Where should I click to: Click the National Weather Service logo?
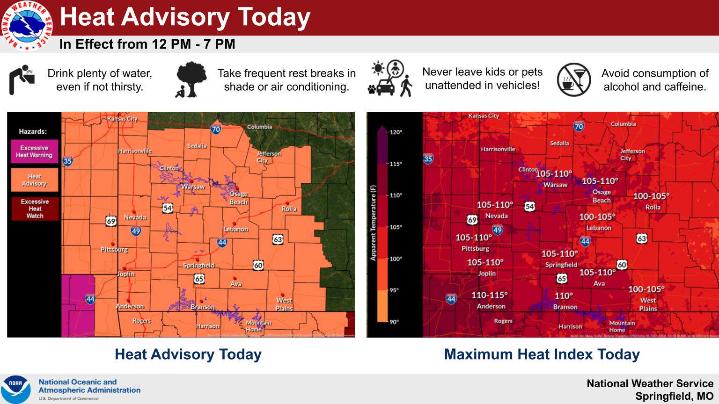[27, 25]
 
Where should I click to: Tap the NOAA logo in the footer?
[15, 389]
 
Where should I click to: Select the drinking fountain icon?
[22, 79]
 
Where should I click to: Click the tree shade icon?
[191, 79]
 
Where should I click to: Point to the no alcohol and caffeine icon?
[574, 80]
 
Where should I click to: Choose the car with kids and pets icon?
[390, 79]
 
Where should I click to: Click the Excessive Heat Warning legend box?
[34, 151]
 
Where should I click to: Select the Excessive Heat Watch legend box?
[35, 209]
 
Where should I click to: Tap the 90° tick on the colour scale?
[394, 322]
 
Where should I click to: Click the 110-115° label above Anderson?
[489, 296]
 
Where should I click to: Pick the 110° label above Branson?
[564, 296]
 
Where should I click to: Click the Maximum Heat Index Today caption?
[542, 354]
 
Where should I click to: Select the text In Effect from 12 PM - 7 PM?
[147, 44]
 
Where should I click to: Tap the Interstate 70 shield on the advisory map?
[216, 129]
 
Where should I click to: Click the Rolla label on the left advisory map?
[289, 209]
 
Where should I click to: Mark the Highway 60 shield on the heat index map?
[622, 265]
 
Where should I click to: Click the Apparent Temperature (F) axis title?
[373, 223]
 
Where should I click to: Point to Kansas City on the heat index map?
[484, 116]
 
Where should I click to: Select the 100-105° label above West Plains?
[646, 289]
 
